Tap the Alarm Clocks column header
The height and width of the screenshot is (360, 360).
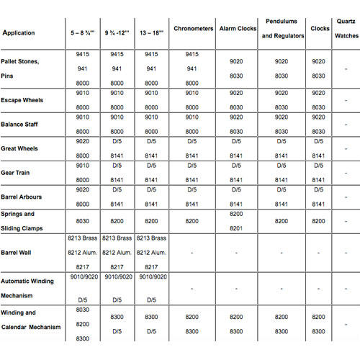[x=235, y=28]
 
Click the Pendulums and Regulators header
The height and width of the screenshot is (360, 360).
[x=282, y=28]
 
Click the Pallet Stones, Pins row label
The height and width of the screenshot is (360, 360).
[x=22, y=68]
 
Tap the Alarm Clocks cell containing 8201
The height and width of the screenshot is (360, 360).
[x=235, y=228]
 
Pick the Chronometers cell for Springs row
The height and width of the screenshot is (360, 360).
[x=192, y=221]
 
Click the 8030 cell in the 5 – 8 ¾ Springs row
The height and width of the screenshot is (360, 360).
[x=82, y=221]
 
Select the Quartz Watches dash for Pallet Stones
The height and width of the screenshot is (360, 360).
[x=346, y=68]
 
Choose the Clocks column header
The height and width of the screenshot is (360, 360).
[x=320, y=28]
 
